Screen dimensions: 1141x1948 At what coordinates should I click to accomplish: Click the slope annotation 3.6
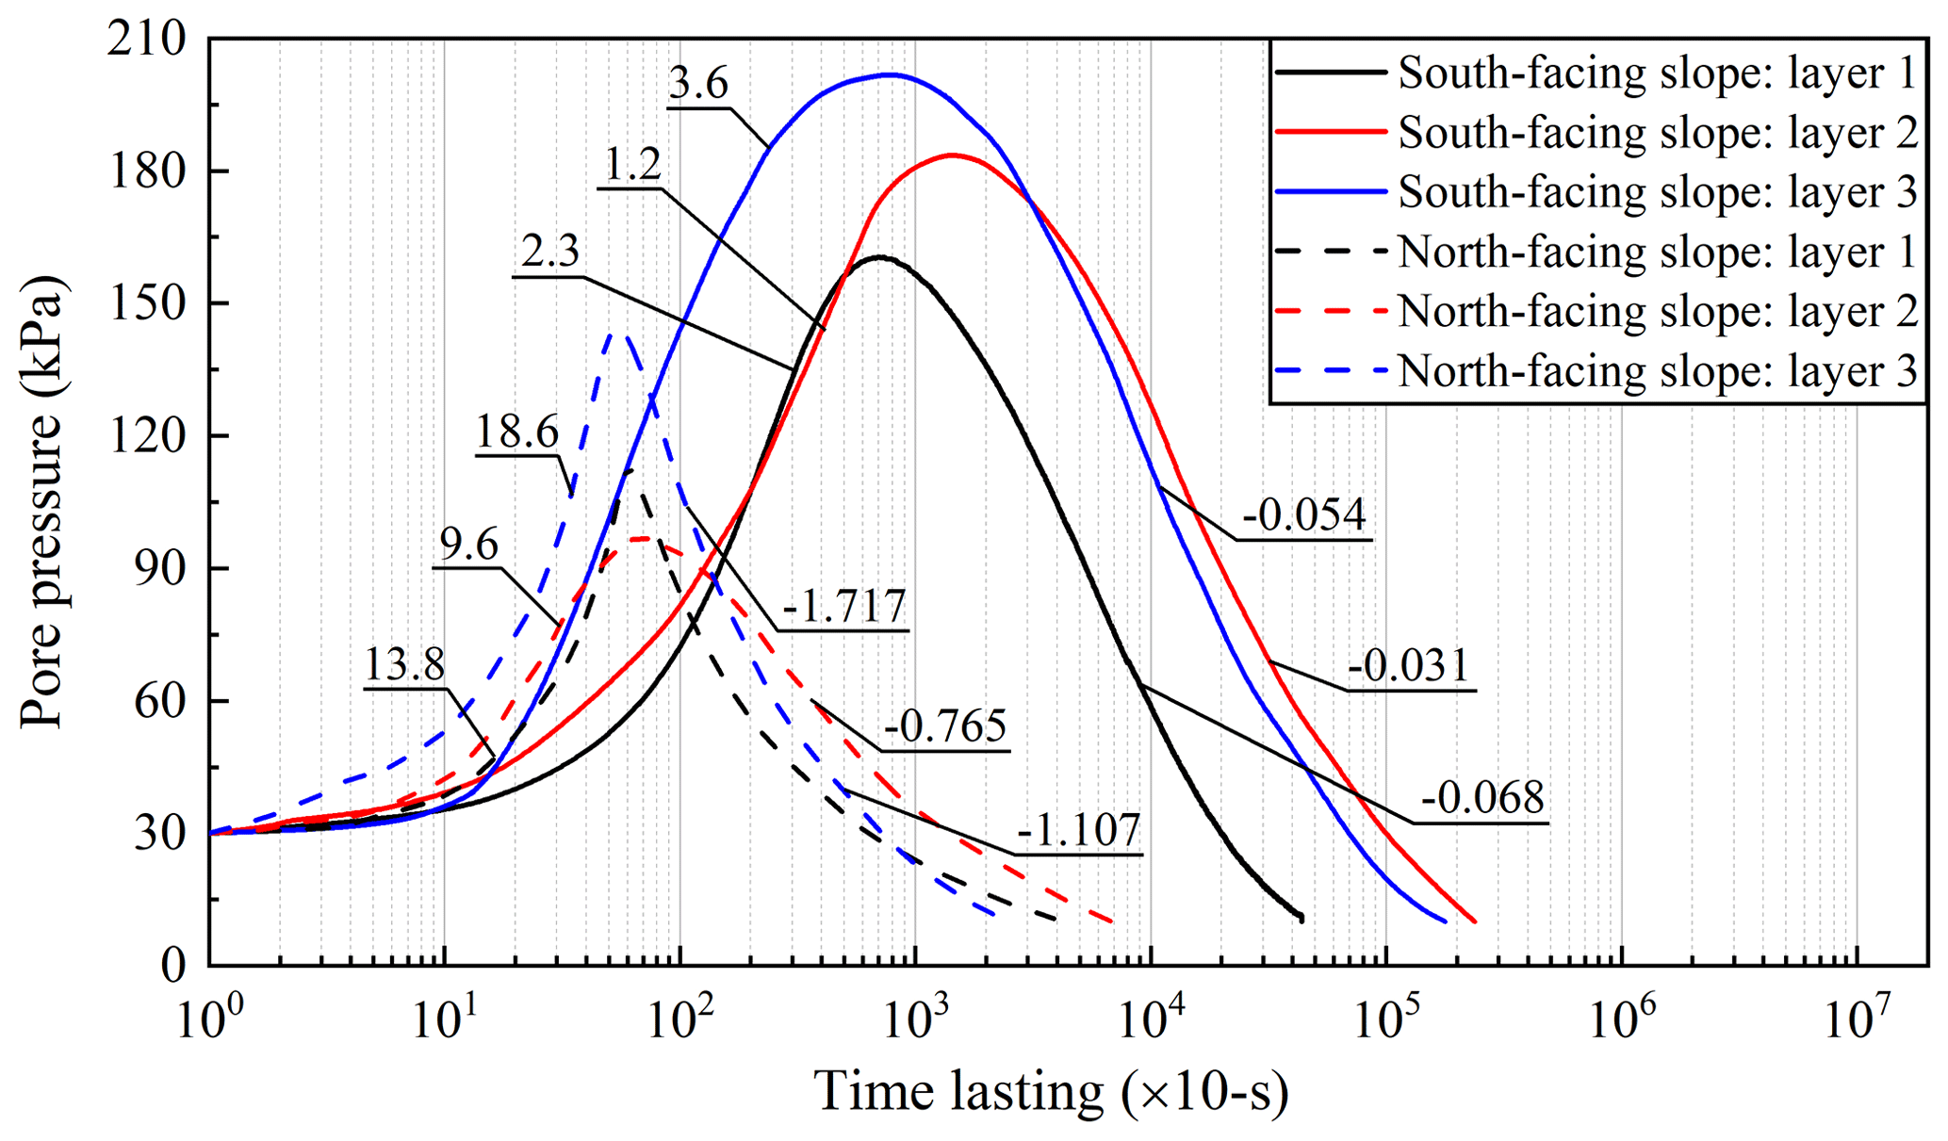tap(698, 85)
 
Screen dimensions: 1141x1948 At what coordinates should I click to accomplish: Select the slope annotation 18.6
tap(516, 432)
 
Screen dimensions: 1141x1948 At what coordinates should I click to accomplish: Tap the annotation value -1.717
tap(843, 607)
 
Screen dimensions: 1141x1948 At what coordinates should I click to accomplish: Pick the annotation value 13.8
tap(403, 665)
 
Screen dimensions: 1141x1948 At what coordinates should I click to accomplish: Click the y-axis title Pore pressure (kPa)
tap(41, 501)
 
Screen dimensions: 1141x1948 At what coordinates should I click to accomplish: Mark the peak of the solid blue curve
tap(888, 74)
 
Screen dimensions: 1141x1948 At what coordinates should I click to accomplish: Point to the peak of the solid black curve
tap(879, 256)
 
